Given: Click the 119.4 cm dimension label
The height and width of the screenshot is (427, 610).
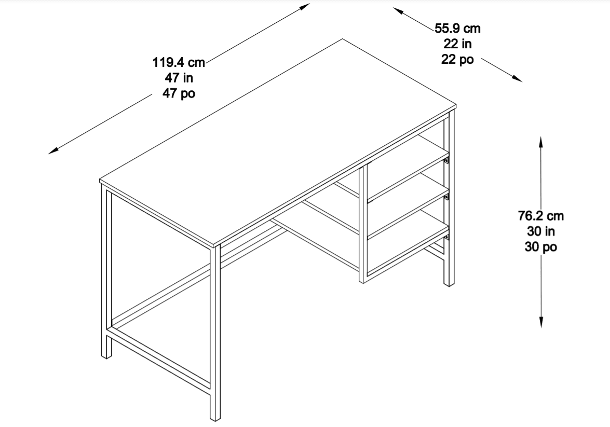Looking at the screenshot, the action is [179, 62].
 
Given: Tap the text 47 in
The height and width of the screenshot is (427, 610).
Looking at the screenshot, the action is [179, 78].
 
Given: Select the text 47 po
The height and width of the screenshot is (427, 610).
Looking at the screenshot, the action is [179, 94].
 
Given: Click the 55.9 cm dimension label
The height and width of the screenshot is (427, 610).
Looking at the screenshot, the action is [457, 29].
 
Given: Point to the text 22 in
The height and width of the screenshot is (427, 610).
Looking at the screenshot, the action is [457, 44].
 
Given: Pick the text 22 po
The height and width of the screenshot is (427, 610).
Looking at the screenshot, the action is [457, 60].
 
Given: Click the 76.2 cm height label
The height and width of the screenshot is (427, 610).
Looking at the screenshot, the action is [541, 215].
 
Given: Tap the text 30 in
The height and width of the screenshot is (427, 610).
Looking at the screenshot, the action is [541, 231].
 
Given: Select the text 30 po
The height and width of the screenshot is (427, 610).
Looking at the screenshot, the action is [541, 247].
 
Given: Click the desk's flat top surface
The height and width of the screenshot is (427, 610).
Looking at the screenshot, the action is [278, 142].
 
